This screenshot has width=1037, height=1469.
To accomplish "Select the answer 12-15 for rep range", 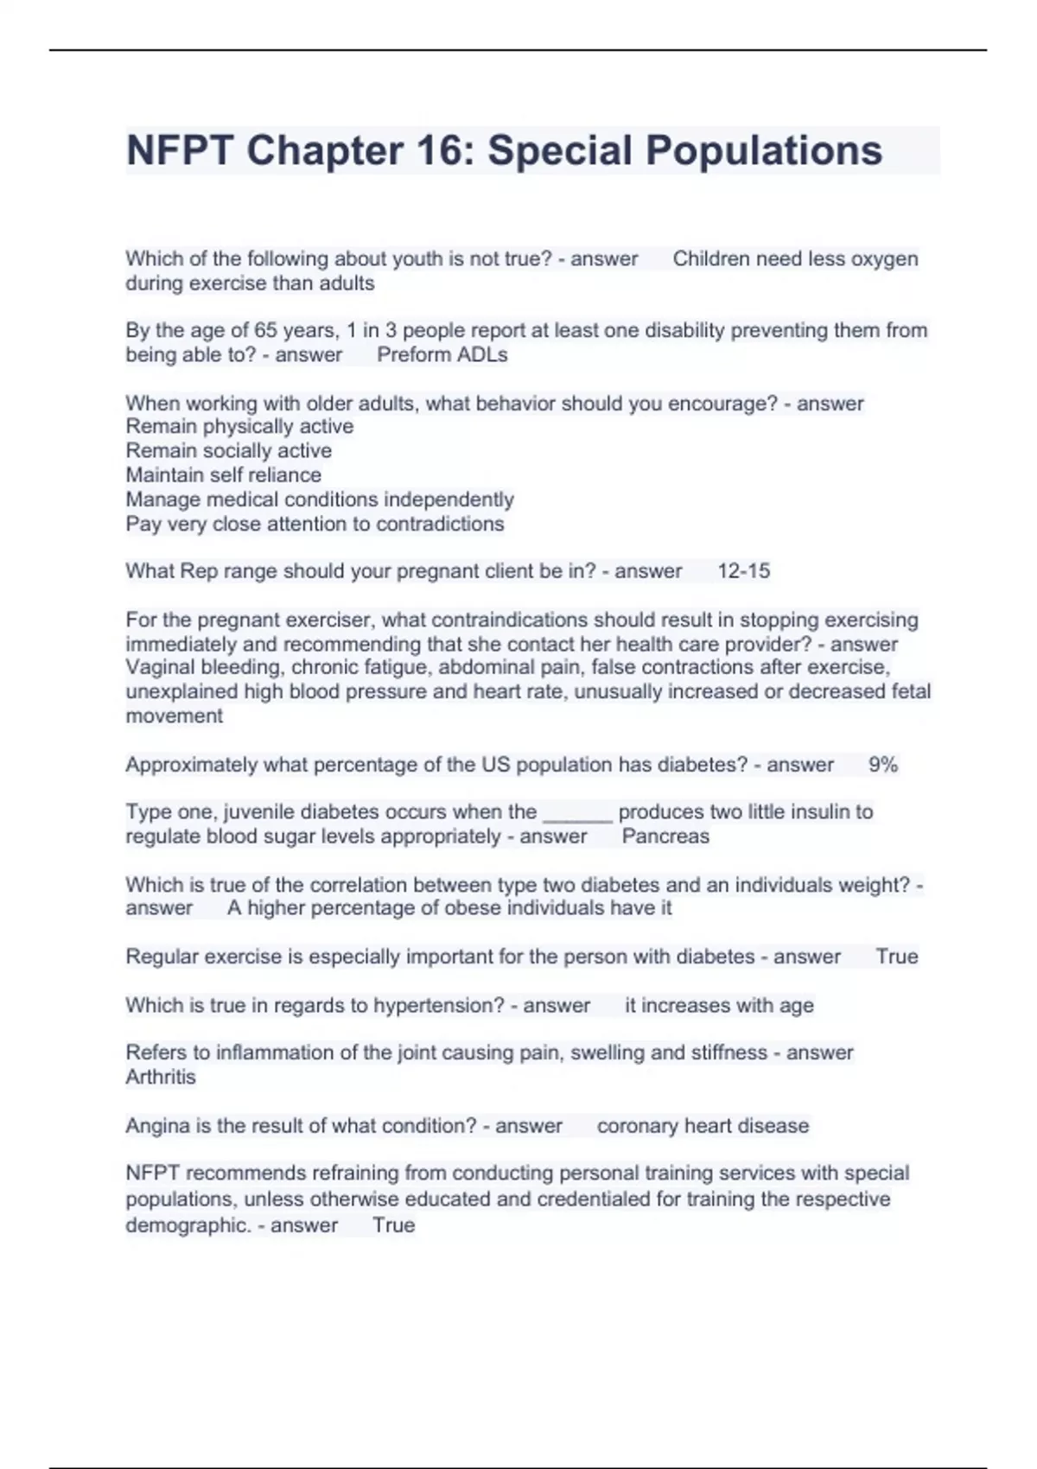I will (743, 571).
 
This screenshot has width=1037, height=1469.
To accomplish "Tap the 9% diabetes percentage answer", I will (882, 765).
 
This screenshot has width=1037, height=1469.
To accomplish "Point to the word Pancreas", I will (665, 836).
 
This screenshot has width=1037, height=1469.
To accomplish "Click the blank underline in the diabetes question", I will (577, 814).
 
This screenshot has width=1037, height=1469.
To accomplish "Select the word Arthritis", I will (161, 1078).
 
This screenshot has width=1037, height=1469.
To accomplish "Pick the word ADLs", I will (486, 355).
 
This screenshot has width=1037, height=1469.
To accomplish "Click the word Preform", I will (408, 355).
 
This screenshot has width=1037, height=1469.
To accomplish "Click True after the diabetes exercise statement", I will (896, 957).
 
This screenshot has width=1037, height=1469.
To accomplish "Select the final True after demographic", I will (393, 1225).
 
